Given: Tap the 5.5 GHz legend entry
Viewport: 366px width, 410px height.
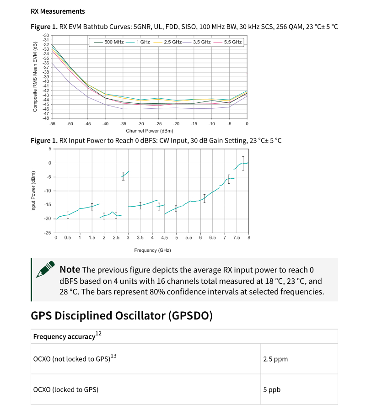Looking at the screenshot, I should pos(231,42).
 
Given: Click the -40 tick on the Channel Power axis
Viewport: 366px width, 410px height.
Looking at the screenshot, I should pos(105,124).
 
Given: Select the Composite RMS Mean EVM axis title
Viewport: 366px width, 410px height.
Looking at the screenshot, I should pos(35,77).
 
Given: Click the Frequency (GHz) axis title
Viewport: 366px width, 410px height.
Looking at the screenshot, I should pos(152,250).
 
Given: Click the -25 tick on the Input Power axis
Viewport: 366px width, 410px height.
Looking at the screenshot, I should pos(47,233).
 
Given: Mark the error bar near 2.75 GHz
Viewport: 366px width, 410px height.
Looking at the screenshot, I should pos(123,176).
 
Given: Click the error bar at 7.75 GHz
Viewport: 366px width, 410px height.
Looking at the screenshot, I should pos(243,163).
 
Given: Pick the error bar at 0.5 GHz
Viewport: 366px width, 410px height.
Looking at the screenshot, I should pos(68,215).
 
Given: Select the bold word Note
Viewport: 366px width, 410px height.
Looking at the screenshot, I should pos(70,270).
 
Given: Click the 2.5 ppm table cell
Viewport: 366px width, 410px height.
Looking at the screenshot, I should pos(275,359).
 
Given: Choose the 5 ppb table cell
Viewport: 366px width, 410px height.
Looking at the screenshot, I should pos(272,389).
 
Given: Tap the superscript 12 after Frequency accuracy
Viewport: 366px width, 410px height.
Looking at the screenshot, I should pos(98,334).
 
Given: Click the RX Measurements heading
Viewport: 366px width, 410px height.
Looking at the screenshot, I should pos(58,11).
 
